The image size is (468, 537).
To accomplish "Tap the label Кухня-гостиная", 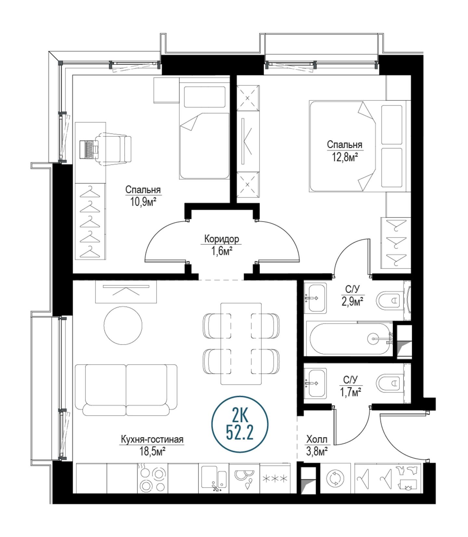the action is [152, 439].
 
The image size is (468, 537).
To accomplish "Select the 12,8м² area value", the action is [345, 157].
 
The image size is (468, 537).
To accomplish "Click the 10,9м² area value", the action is [143, 203].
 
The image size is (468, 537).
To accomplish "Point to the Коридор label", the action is [222, 239].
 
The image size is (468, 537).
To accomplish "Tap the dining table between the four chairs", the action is [241, 344].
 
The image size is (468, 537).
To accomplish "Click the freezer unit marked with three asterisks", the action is [275, 479].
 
